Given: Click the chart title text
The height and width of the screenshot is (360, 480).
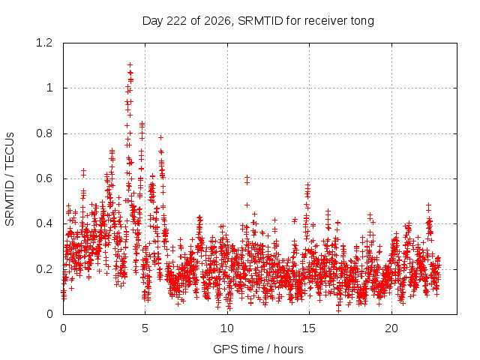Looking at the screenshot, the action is click(x=258, y=21).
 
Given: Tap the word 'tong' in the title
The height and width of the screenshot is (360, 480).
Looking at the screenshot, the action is click(x=362, y=22).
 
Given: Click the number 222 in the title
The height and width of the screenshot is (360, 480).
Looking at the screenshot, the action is click(x=176, y=21).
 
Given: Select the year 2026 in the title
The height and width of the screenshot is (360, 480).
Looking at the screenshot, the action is click(x=217, y=21).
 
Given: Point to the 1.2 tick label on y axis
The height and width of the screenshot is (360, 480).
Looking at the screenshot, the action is click(x=44, y=43).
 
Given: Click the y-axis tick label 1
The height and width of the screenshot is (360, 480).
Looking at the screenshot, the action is click(x=49, y=88).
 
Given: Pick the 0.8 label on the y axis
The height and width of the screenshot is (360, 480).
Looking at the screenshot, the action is click(x=44, y=133).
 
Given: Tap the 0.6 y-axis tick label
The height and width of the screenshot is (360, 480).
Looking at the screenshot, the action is click(x=44, y=178).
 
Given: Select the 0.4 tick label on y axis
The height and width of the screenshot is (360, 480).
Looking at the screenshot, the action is click(x=44, y=223).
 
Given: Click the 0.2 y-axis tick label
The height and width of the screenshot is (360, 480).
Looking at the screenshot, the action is click(x=44, y=269).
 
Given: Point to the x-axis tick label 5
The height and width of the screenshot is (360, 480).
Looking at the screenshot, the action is click(x=145, y=328).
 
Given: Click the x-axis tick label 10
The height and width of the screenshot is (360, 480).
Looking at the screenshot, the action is click(x=227, y=328).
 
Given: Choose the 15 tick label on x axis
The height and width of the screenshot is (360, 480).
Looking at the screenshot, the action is click(x=309, y=328).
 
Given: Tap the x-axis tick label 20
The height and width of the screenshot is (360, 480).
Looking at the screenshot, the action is click(x=391, y=328).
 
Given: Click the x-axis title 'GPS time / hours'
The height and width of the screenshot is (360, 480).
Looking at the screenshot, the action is click(x=258, y=349).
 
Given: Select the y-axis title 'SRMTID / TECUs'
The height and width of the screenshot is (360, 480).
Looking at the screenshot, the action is click(x=10, y=179).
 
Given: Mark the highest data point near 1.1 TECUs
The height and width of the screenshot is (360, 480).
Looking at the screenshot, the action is click(x=130, y=65).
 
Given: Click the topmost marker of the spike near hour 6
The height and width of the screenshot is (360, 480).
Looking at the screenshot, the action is click(x=160, y=138).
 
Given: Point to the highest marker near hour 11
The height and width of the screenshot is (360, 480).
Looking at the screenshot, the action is click(x=247, y=178).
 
